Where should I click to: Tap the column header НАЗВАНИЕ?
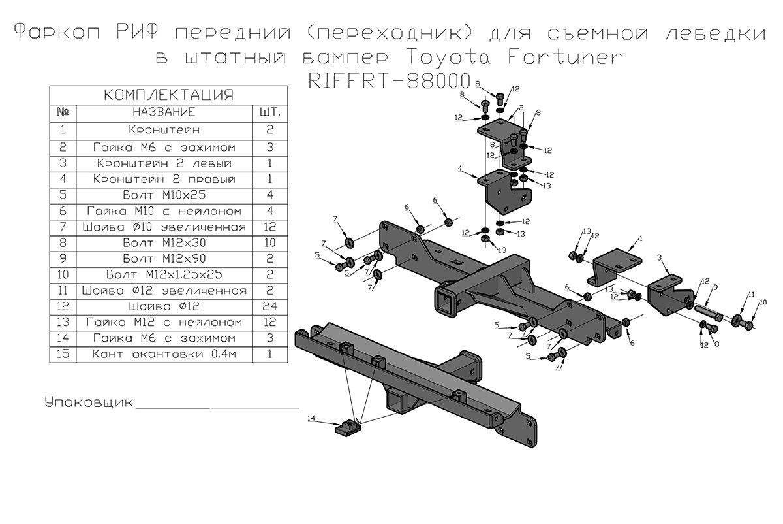pyautogui.click(x=164, y=112)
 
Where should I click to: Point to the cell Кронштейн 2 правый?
pyautogui.click(x=164, y=179)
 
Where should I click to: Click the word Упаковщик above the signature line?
pyautogui.click(x=88, y=402)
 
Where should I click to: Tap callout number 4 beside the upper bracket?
pyautogui.click(x=460, y=168)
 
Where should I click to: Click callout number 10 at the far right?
pyautogui.click(x=763, y=302)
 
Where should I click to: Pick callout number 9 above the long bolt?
pyautogui.click(x=715, y=286)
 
